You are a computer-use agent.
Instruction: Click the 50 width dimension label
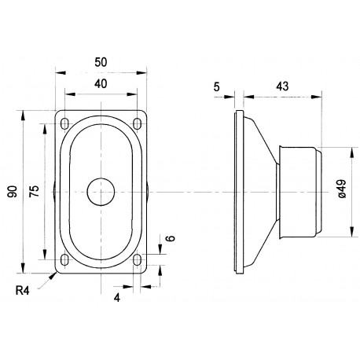tap(101, 62)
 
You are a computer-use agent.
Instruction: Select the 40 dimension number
tap(101, 84)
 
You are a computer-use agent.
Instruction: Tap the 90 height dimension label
tap(13, 192)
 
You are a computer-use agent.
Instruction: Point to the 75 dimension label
tap(34, 192)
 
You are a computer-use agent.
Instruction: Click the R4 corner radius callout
tap(22, 291)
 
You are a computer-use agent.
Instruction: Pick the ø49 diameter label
tap(342, 189)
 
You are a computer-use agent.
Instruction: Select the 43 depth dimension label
tap(282, 86)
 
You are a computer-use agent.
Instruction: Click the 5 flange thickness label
tap(216, 87)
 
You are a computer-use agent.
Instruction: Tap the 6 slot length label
tap(171, 238)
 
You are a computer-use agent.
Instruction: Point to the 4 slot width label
tap(117, 298)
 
